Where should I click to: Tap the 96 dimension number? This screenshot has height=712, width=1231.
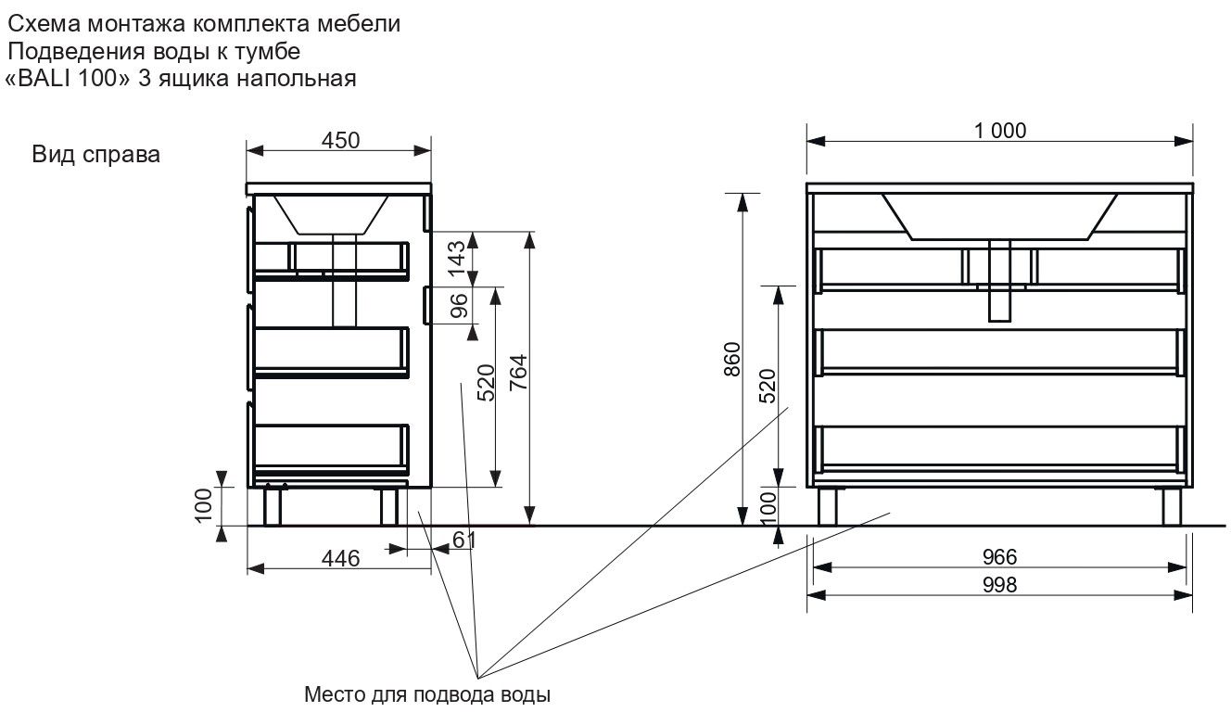coord(458,307)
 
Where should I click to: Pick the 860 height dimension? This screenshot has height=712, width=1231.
coord(731,361)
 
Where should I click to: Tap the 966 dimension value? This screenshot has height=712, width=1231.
coord(999,556)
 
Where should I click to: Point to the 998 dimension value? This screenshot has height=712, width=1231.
coord(999,585)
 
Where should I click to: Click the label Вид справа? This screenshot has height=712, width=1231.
coord(96,155)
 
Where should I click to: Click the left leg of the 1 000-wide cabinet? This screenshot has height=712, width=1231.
coord(827,506)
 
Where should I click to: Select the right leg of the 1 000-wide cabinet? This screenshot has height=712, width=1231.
coord(1172,506)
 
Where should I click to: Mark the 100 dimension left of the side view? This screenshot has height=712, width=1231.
coord(205,504)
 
